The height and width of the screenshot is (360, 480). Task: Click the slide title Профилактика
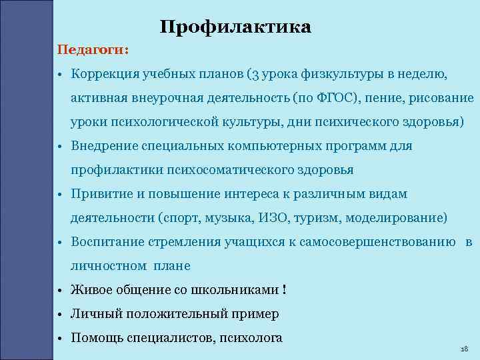(236, 27)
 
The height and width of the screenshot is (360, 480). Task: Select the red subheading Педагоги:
(93, 50)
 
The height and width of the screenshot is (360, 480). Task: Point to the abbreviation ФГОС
(337, 98)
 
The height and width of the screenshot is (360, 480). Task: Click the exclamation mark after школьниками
(285, 290)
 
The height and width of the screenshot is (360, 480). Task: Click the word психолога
(249, 337)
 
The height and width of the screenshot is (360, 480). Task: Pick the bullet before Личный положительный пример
(60, 314)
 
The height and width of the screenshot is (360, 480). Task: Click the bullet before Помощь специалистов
(60, 338)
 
